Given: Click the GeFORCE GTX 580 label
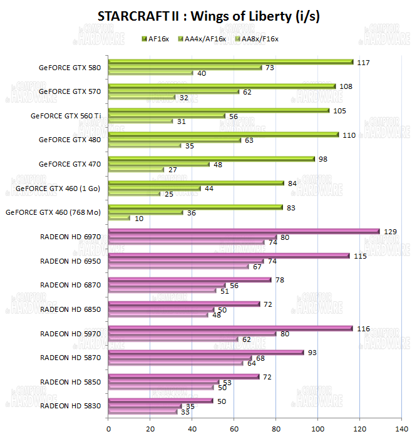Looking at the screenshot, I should [69, 68].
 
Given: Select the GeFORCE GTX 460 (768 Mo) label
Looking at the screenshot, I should [53, 212].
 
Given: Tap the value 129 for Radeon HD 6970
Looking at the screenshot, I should [389, 232].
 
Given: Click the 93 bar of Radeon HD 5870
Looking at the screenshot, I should [206, 352].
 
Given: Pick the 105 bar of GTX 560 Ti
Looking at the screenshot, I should [219, 110].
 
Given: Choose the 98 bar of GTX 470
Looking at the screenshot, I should [212, 159].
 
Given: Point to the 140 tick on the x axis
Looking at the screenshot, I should [401, 430].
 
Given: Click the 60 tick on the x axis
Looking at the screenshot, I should [234, 430].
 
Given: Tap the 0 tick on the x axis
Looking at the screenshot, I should [109, 430].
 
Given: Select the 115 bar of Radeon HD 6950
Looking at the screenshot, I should [229, 256].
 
